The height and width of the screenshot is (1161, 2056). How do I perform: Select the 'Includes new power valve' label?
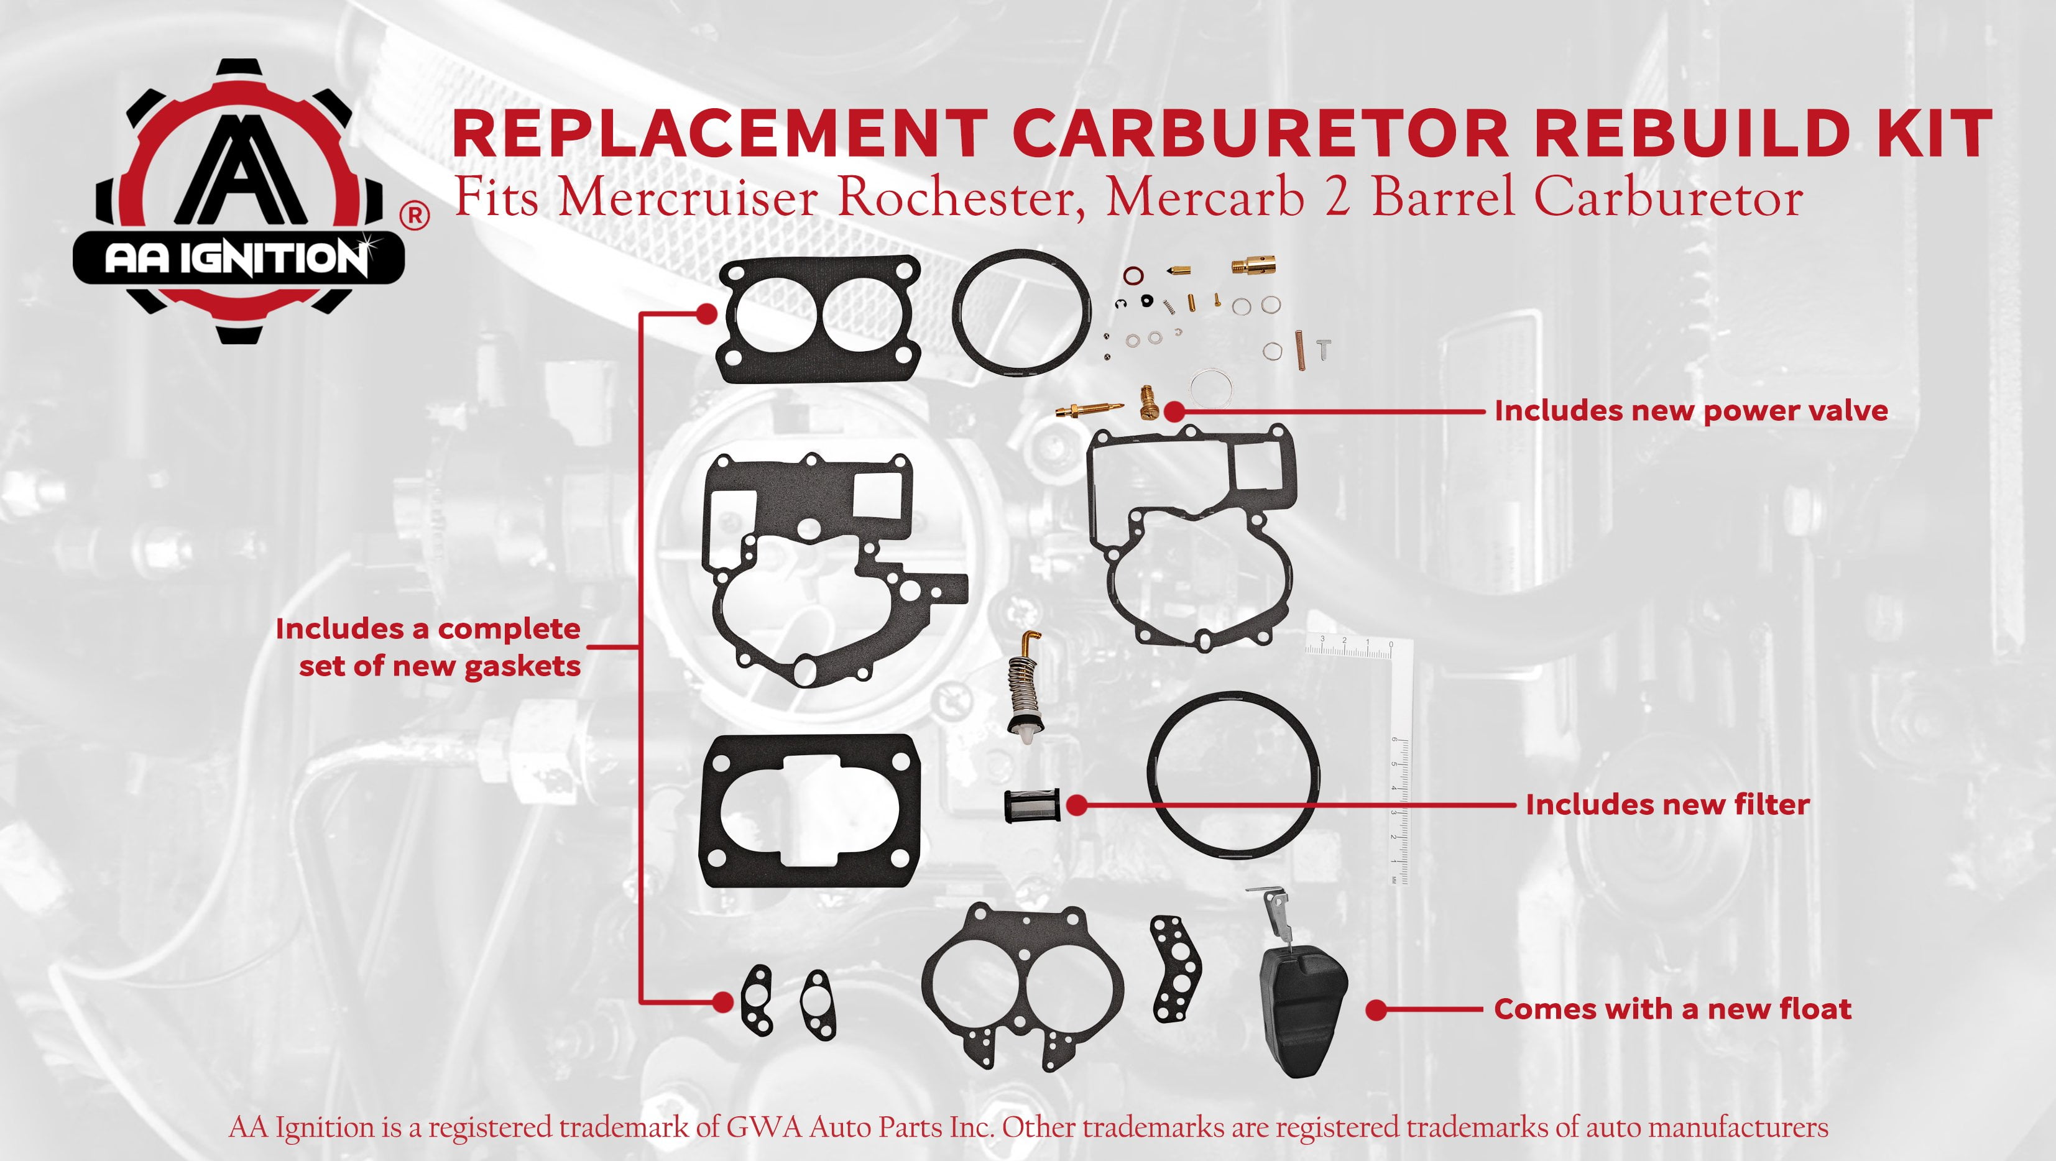(x=1691, y=411)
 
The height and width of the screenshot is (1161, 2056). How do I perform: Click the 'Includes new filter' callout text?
(x=1667, y=804)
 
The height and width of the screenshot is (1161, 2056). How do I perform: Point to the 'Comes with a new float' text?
(x=1672, y=1009)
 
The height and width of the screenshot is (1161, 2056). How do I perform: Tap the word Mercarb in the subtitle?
(x=1205, y=198)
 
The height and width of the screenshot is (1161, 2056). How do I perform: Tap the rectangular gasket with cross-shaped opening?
(x=810, y=812)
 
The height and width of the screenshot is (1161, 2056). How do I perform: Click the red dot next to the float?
(x=1375, y=1010)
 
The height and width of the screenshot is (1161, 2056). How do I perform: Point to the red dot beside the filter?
(x=1077, y=805)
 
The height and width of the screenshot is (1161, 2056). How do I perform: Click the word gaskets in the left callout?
(x=522, y=666)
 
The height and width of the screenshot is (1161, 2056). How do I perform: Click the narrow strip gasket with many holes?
(x=1176, y=968)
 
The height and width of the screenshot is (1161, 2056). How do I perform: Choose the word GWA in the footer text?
(x=765, y=1127)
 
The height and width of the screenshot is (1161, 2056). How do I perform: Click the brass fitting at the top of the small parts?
(x=1253, y=265)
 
